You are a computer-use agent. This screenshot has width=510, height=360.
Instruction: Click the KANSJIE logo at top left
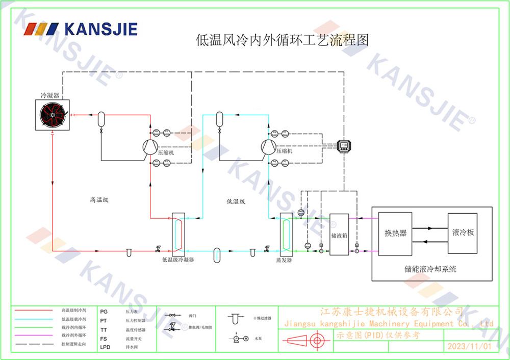[81, 29]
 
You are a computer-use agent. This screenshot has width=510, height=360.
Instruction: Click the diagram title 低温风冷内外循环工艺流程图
[282, 40]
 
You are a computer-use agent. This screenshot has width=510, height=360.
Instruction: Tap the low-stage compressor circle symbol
[268, 147]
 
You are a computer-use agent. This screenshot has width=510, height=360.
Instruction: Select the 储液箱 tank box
[339, 235]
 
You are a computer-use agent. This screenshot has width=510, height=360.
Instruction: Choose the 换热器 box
[395, 234]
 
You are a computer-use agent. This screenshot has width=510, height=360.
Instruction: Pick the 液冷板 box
[463, 233]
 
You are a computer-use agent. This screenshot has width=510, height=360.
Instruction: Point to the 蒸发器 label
[284, 260]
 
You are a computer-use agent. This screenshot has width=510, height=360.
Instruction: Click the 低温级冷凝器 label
[178, 260]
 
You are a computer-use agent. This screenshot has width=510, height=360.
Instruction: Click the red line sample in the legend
[34, 310]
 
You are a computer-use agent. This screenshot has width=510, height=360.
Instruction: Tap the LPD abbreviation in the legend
[105, 347]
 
